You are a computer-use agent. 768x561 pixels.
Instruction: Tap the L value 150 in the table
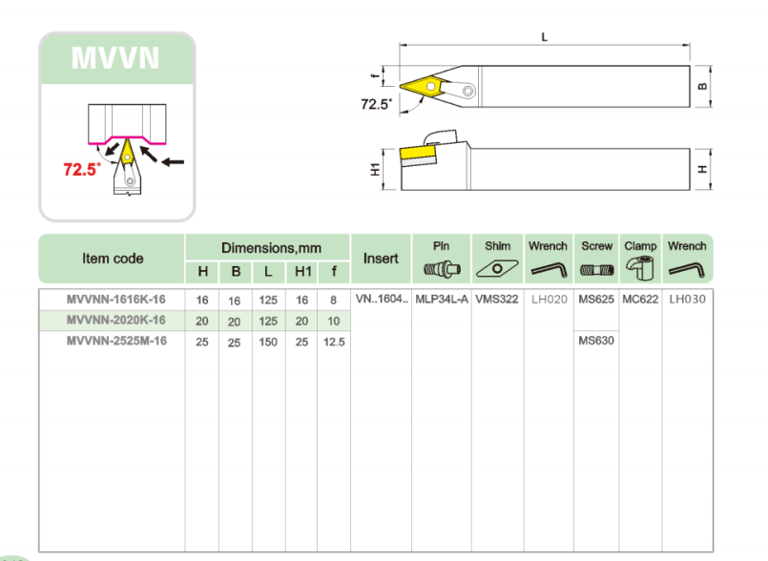(x=269, y=342)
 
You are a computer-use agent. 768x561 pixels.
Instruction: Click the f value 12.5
(x=333, y=342)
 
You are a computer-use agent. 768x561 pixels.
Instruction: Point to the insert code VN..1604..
(x=381, y=300)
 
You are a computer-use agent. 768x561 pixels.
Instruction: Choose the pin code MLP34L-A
(x=441, y=300)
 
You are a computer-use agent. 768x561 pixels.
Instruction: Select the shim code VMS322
(x=496, y=300)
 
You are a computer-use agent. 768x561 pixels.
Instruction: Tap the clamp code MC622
(x=639, y=300)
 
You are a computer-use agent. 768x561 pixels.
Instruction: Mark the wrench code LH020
(x=549, y=300)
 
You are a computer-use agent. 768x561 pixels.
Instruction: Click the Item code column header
(x=113, y=259)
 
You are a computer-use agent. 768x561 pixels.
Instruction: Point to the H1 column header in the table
(x=302, y=272)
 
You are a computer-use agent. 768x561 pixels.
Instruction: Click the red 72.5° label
(x=82, y=170)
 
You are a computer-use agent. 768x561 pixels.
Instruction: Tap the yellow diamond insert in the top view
(x=421, y=88)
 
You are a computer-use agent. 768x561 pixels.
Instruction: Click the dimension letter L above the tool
(x=544, y=37)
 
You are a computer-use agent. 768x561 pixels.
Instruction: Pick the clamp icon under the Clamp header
(x=640, y=269)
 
